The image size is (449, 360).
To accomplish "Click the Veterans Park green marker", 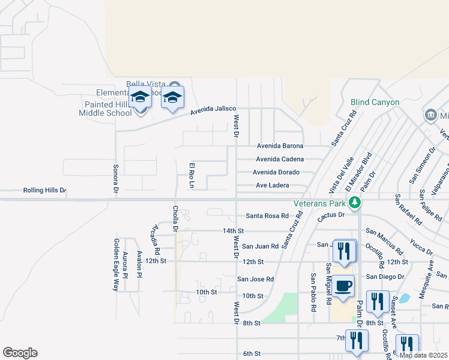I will [x=355, y=202].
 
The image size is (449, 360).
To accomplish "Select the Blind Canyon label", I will [x=375, y=103].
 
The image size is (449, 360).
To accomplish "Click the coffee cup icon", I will [x=343, y=287].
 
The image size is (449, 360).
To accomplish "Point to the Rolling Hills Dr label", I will [x=44, y=190].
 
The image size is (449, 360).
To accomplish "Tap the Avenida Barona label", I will [x=280, y=146].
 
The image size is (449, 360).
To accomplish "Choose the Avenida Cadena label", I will [x=280, y=159].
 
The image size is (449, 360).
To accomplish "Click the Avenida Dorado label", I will [x=277, y=172].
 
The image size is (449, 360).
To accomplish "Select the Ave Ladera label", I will [x=273, y=185].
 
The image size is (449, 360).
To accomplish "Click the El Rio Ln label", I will [x=192, y=175].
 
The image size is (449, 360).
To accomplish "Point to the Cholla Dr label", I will [x=175, y=218].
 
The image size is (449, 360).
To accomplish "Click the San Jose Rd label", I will [x=255, y=279].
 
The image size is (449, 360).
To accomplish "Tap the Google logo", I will [x=20, y=353].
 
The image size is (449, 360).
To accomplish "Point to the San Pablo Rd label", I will [x=313, y=293].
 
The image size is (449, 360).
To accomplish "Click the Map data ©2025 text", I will [x=424, y=355].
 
